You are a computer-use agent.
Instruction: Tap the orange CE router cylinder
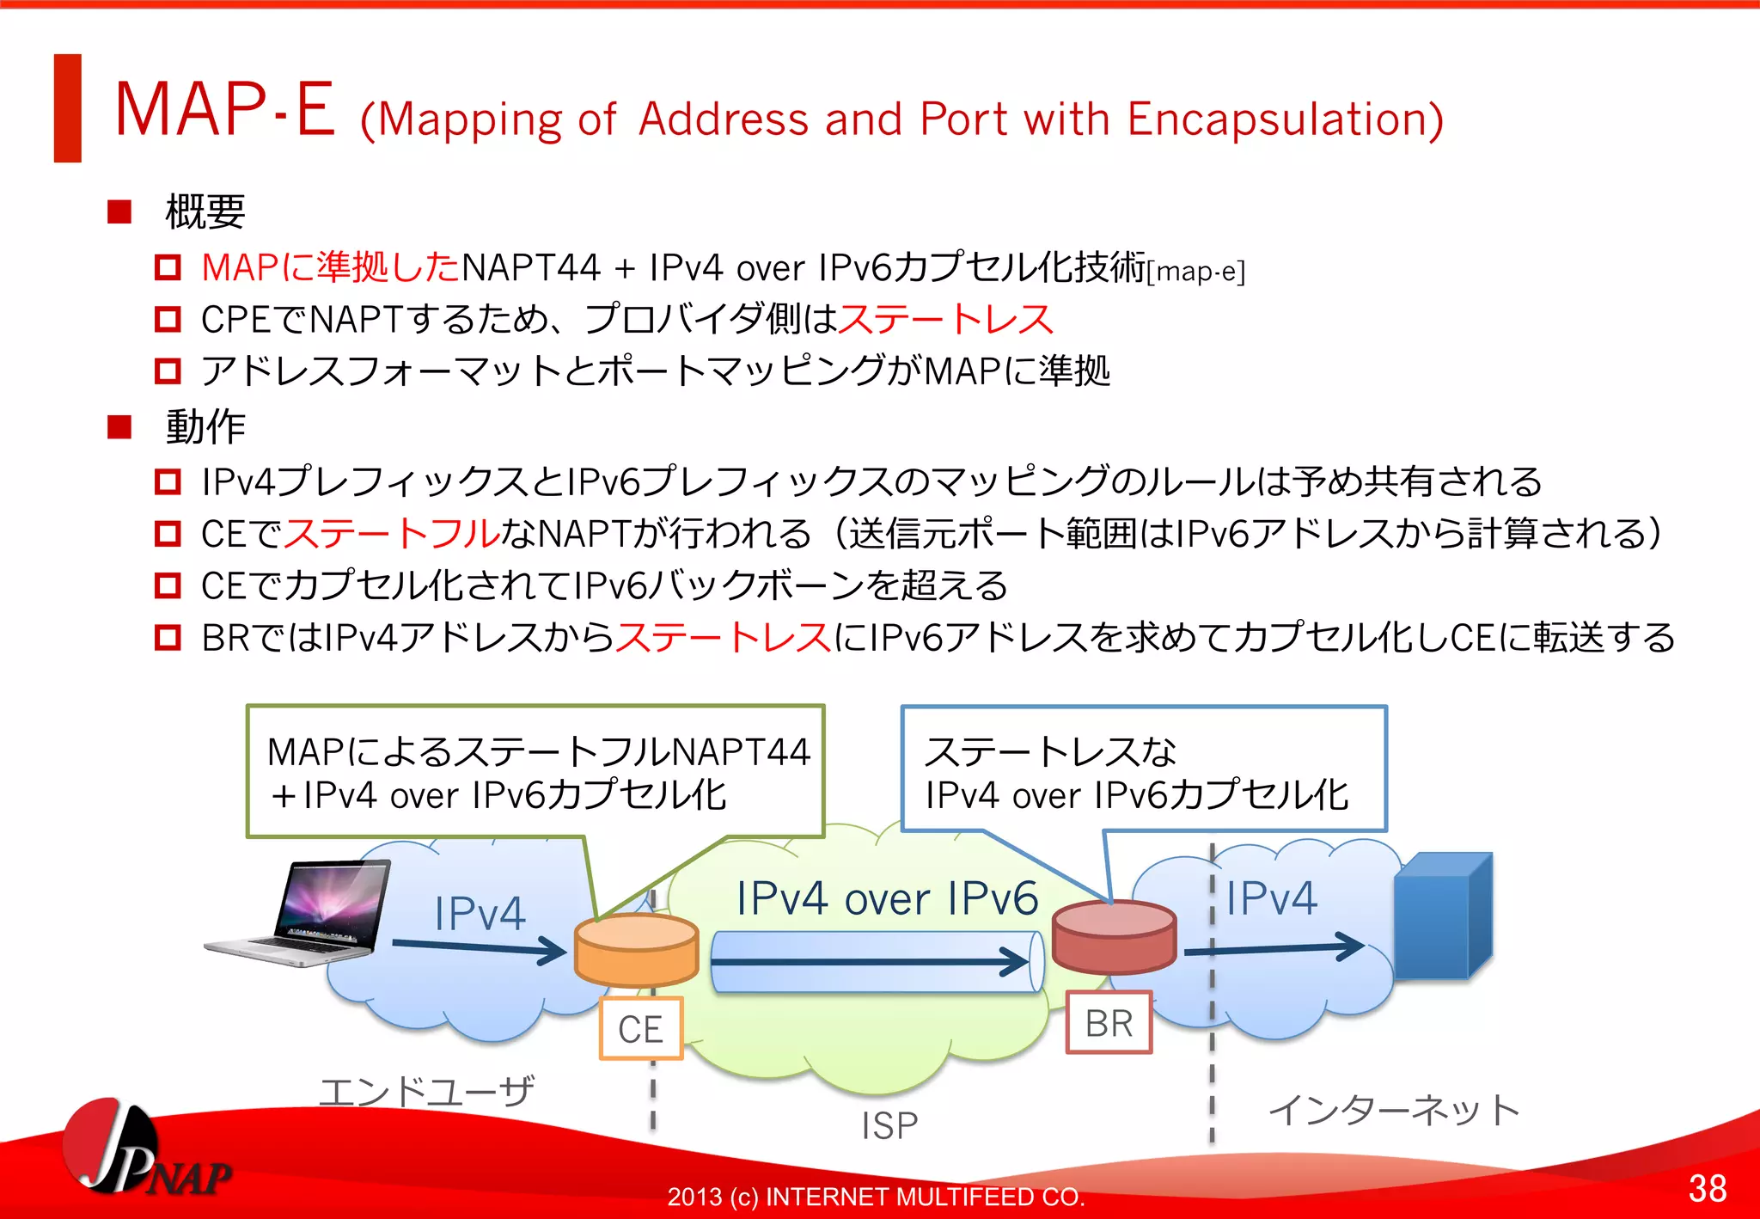[636, 950]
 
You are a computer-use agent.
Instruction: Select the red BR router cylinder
[1114, 937]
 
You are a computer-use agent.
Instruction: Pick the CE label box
[641, 1028]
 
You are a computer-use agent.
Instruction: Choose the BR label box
[1109, 1023]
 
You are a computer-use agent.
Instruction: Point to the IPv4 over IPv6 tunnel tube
[877, 962]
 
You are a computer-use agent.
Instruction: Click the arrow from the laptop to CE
[478, 947]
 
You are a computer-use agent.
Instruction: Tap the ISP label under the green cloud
[889, 1125]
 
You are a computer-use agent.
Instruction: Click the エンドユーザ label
[427, 1092]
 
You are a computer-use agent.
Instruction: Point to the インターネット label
[1394, 1110]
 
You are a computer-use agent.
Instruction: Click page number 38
[1707, 1188]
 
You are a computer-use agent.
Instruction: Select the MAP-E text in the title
[225, 110]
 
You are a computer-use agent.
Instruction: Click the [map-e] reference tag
[1196, 272]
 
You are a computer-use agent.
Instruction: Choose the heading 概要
[205, 211]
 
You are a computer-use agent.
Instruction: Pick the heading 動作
[205, 426]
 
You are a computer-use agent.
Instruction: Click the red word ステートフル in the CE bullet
[392, 534]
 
